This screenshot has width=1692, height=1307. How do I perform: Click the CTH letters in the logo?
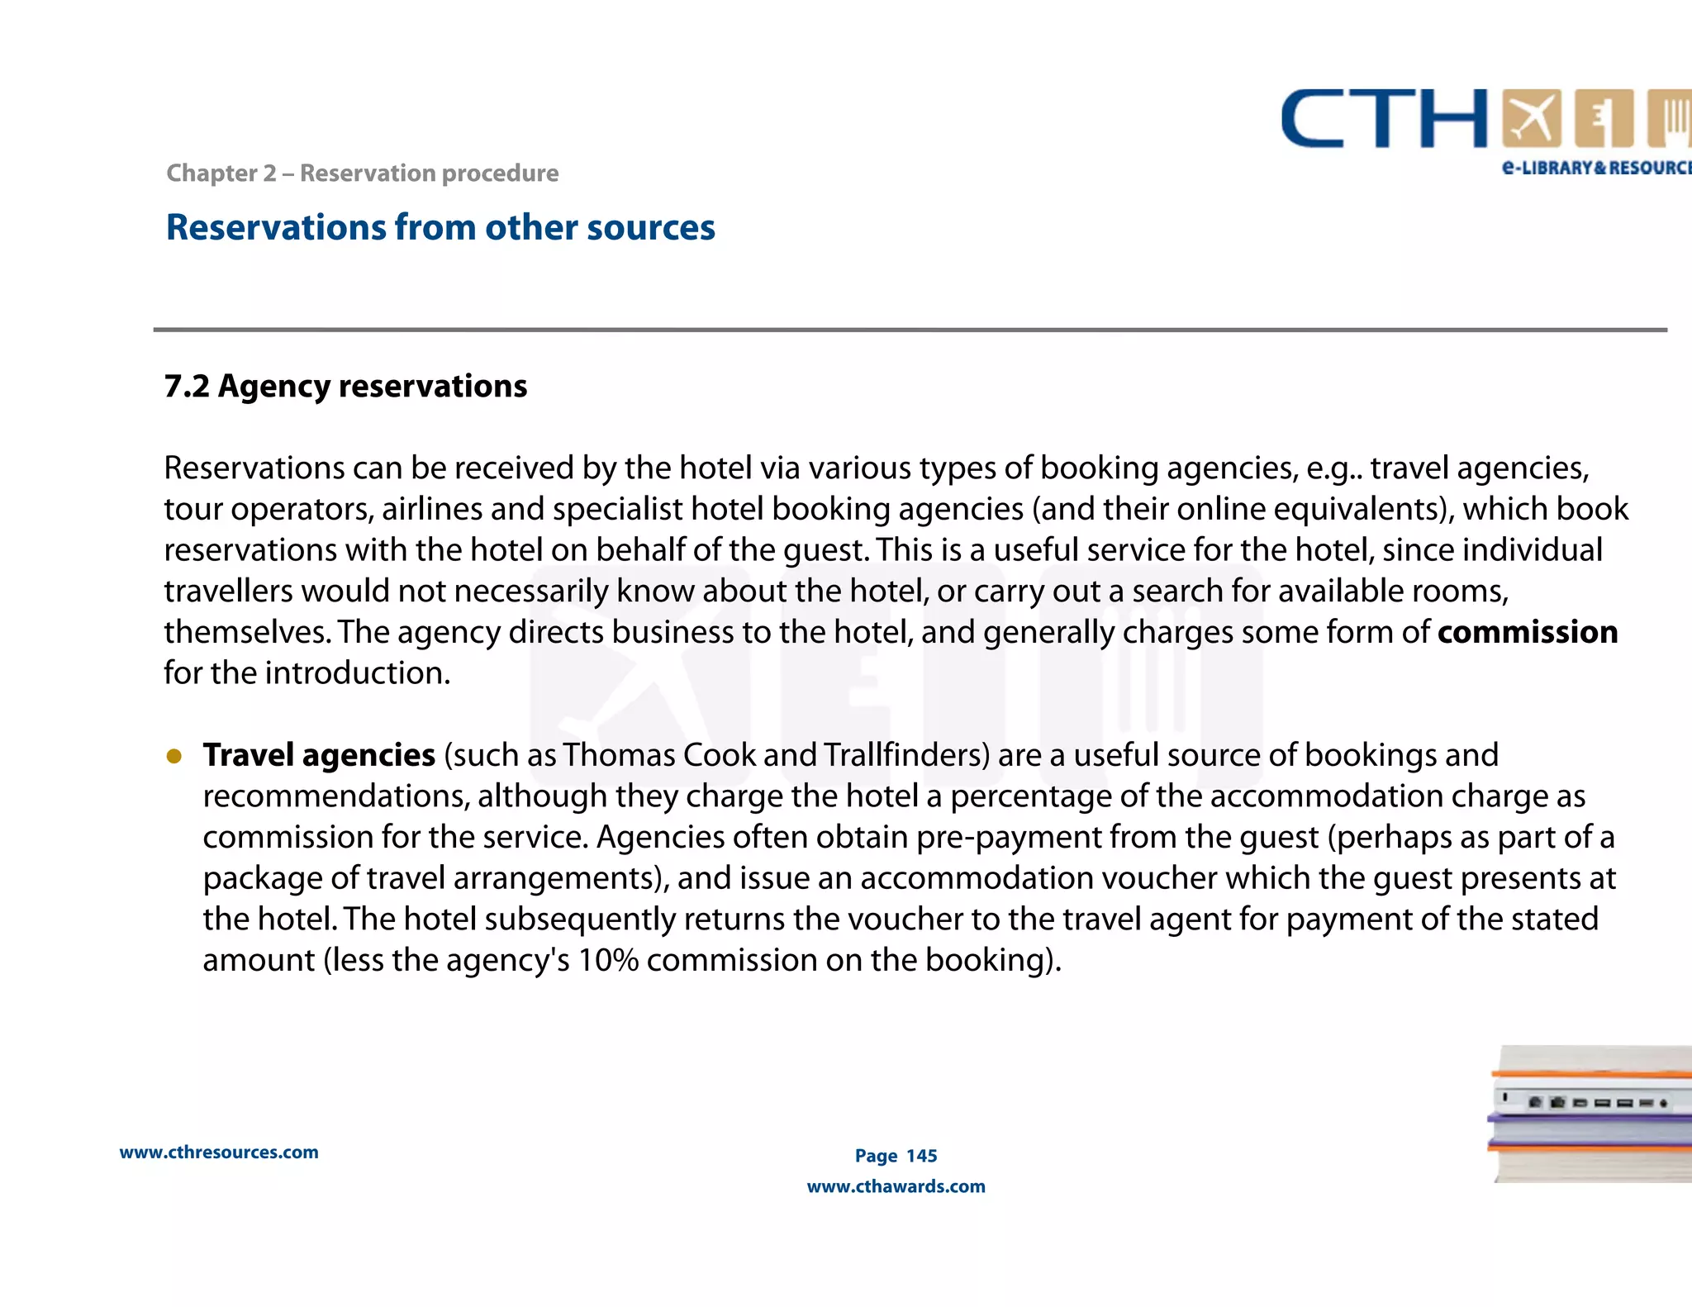[x=1384, y=119]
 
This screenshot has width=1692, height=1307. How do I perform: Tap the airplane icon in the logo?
[x=1532, y=119]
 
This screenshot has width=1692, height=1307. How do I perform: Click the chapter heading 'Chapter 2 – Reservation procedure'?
[x=362, y=173]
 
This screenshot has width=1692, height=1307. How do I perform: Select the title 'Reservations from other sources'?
[x=440, y=227]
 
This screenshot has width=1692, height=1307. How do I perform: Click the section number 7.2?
[x=187, y=386]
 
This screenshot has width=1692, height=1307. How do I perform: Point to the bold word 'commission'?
[x=1527, y=632]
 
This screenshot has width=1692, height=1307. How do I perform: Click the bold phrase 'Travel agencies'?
[x=319, y=755]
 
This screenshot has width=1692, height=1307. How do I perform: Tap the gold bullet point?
[x=174, y=756]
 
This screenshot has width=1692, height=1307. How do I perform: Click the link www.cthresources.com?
[x=219, y=1153]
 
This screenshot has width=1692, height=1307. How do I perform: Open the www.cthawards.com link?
[x=896, y=1186]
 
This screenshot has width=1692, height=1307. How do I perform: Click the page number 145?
[x=921, y=1156]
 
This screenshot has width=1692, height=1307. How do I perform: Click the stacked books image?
[x=1590, y=1114]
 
